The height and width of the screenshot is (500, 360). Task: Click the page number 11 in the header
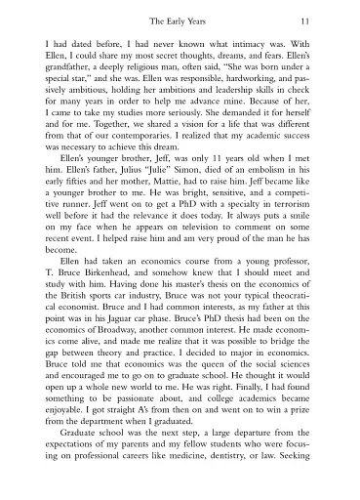304,21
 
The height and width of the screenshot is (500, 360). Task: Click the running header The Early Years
180,21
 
